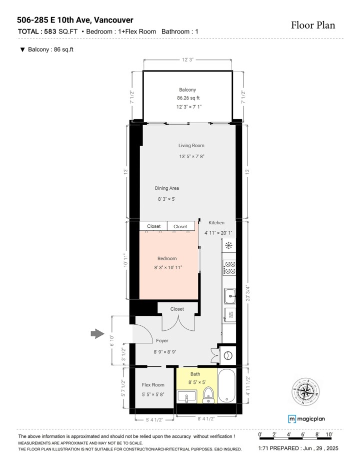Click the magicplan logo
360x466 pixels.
click(306, 419)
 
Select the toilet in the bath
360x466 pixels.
click(208, 395)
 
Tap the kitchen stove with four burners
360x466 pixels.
click(229, 268)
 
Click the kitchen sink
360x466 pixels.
click(229, 296)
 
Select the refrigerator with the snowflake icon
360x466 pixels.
click(229, 245)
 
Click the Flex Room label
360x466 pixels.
click(153, 385)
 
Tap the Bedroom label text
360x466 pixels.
click(167, 258)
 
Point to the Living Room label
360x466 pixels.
click(191, 146)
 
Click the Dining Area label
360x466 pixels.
click(166, 188)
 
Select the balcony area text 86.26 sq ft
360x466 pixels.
click(188, 98)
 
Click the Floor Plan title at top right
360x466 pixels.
click(313, 25)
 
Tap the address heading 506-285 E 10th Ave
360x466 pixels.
click(75, 20)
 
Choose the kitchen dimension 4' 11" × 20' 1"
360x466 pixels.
click(218, 233)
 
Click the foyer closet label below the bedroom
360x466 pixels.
click(177, 309)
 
